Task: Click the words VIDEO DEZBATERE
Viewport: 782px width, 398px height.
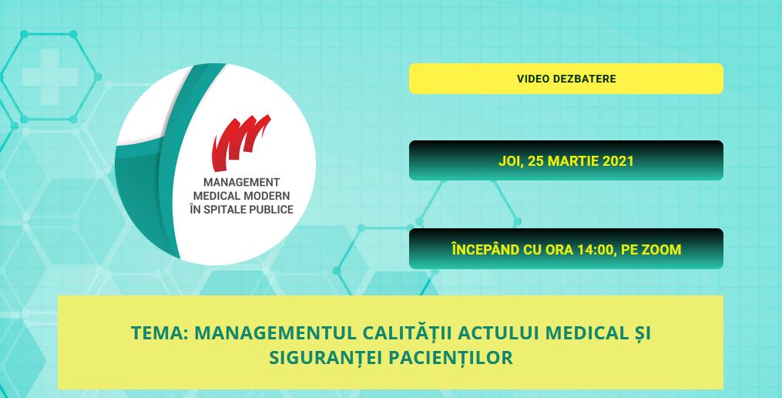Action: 566,79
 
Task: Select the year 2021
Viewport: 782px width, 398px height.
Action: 618,161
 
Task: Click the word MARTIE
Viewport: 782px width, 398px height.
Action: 574,161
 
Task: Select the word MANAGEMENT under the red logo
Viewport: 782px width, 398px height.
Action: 241,182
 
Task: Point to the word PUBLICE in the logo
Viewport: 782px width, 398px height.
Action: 271,209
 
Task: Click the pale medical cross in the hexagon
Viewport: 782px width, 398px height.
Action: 49,77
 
